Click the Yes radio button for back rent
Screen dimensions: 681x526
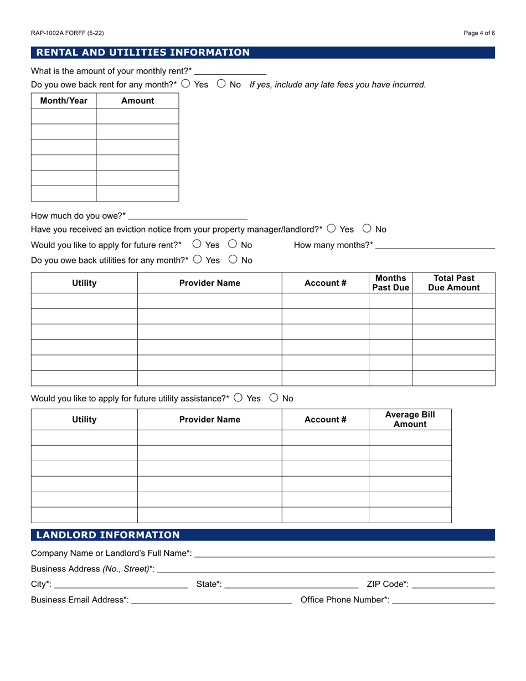[x=185, y=84]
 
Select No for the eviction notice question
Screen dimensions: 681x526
[x=367, y=229]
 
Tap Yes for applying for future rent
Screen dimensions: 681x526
[x=197, y=244]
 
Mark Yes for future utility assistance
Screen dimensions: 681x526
[x=238, y=398]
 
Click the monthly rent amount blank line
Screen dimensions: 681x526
[x=230, y=70]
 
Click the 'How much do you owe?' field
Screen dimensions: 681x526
[x=188, y=215]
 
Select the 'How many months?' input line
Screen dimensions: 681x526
[x=435, y=245]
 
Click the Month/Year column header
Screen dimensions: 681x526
[x=64, y=101]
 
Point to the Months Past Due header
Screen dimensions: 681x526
[x=390, y=282]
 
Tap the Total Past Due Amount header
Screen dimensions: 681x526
[x=453, y=282]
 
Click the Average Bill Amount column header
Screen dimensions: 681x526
[x=410, y=419]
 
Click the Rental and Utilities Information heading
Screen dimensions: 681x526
[x=143, y=53]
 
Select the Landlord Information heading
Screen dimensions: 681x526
[x=108, y=535]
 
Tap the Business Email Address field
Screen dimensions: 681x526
[x=211, y=600]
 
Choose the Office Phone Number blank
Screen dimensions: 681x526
[x=443, y=600]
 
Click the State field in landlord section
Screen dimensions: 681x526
[x=292, y=584]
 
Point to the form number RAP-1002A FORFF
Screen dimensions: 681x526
[x=67, y=33]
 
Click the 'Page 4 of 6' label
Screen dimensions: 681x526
[x=479, y=33]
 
